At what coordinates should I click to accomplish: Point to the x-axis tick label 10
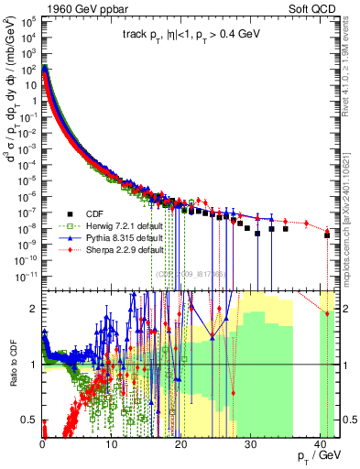pos(112,444)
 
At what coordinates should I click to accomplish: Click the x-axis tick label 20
pos(180,444)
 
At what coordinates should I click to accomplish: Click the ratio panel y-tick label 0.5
pos(29,420)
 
